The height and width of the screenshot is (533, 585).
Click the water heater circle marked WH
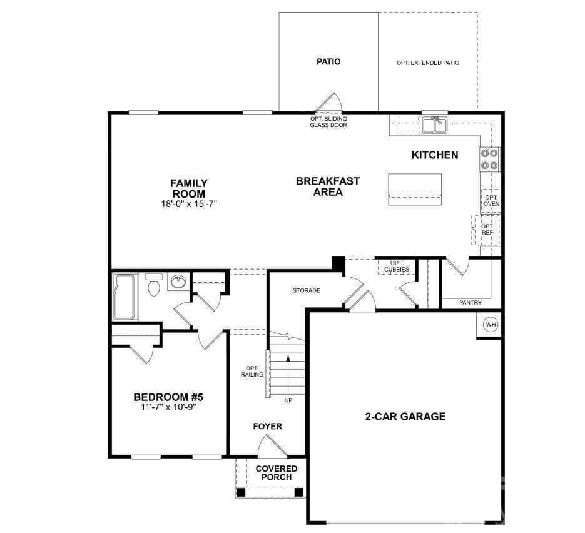491,324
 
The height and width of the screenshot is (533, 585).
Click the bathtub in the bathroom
125,297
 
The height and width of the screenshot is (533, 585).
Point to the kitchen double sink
435,124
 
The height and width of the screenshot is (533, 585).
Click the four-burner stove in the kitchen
489,160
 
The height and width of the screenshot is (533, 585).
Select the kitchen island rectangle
415,189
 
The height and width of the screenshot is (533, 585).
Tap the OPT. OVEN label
491,201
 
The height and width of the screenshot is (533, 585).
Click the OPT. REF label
487,230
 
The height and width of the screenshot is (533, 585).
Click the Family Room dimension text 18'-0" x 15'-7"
189,204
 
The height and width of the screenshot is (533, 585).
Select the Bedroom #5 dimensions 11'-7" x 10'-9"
168,407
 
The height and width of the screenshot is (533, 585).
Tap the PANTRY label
470,303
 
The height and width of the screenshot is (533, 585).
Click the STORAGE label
307,290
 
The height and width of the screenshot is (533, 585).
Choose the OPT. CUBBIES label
396,266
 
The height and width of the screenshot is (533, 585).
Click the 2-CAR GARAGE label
405,416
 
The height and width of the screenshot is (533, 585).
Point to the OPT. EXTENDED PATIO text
428,63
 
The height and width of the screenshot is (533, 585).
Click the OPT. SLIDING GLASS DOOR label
328,122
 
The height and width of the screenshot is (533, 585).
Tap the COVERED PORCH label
277,473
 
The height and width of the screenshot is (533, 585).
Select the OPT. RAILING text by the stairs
252,372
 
